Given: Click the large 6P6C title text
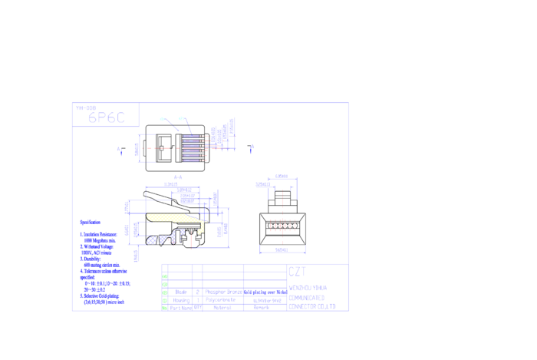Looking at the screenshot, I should [106, 117].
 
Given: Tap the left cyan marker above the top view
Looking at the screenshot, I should [162, 119].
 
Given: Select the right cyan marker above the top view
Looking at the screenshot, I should [181, 118].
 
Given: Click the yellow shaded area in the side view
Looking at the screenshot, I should [173, 218].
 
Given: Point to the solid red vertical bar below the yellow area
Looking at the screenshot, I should [191, 241].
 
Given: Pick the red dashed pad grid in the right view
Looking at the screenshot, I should [282, 225].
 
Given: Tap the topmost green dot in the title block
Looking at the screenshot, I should [164, 276].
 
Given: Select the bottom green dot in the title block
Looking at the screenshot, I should [164, 308].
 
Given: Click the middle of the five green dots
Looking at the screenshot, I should [164, 292].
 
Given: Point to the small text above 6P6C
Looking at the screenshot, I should [85, 107].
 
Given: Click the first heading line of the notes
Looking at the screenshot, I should [90, 223].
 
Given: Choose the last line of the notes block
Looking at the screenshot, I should [104, 302].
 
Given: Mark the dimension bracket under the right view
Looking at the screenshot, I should [282, 250].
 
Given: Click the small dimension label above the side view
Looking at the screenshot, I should [177, 177].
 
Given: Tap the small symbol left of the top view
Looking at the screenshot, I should [120, 150].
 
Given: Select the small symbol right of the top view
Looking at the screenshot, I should [251, 148].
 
